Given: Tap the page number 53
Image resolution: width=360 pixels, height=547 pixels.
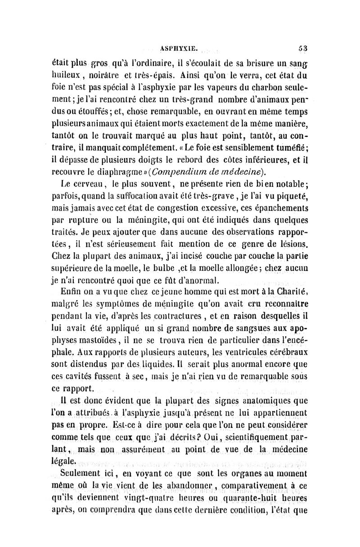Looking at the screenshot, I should click(301, 45).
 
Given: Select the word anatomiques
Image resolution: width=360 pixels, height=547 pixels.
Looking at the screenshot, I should click(266, 399).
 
